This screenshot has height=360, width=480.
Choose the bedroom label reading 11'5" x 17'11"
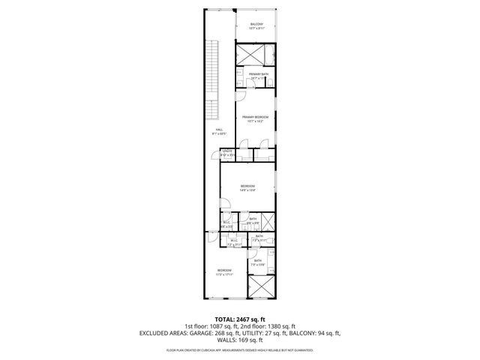(x=224, y=271)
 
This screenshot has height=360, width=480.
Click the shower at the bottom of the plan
(x=259, y=290)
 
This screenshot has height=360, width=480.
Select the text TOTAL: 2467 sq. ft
(x=239, y=319)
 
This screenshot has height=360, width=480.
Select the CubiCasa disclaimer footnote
(x=239, y=350)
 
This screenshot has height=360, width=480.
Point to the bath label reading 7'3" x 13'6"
(x=259, y=262)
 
